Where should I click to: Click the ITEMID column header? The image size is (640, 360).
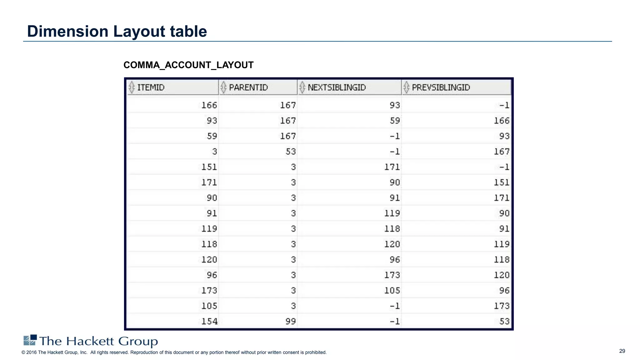[x=151, y=87]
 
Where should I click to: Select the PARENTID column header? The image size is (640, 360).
[x=248, y=87]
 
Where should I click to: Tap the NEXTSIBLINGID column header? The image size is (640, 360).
[x=337, y=87]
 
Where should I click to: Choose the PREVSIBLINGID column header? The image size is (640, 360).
[x=441, y=87]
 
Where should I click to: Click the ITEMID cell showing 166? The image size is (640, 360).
[x=209, y=105]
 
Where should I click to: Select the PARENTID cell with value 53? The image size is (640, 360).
[x=290, y=152]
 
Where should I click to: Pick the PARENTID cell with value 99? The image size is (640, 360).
[x=290, y=321]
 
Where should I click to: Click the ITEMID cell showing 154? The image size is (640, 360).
[x=209, y=321]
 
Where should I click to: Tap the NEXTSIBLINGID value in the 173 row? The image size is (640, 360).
[x=392, y=291]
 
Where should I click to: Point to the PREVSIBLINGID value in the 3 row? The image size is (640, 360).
[x=501, y=152]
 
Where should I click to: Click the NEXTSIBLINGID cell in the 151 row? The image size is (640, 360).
[x=392, y=167]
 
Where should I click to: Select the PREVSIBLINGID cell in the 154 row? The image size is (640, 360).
[x=504, y=321]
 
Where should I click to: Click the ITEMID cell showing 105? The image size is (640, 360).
[x=209, y=306]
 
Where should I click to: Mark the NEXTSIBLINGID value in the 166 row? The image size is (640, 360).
[x=394, y=105]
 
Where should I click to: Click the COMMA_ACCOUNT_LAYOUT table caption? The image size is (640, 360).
[x=188, y=65]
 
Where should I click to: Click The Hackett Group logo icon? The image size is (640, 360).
[x=30, y=340]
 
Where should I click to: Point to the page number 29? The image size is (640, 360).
[x=622, y=351]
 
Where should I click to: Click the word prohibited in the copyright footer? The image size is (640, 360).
[x=316, y=352]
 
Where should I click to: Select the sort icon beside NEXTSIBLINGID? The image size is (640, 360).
[x=302, y=87]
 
